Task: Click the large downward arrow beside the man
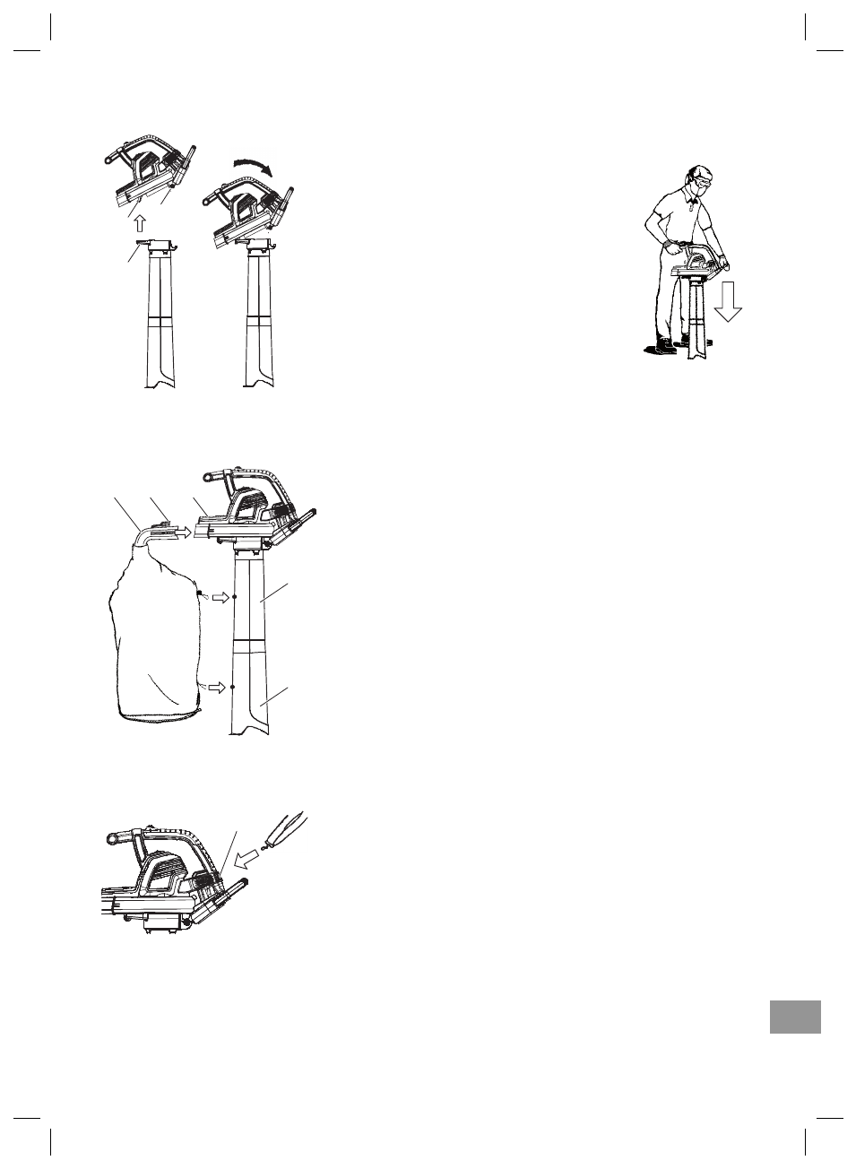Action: tap(728, 300)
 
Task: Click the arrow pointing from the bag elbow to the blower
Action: tap(183, 532)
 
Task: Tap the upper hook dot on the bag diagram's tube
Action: tap(234, 596)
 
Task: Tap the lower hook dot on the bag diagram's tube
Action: tap(232, 688)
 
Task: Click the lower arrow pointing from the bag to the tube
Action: tap(217, 688)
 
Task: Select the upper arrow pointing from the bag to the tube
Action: tap(219, 597)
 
